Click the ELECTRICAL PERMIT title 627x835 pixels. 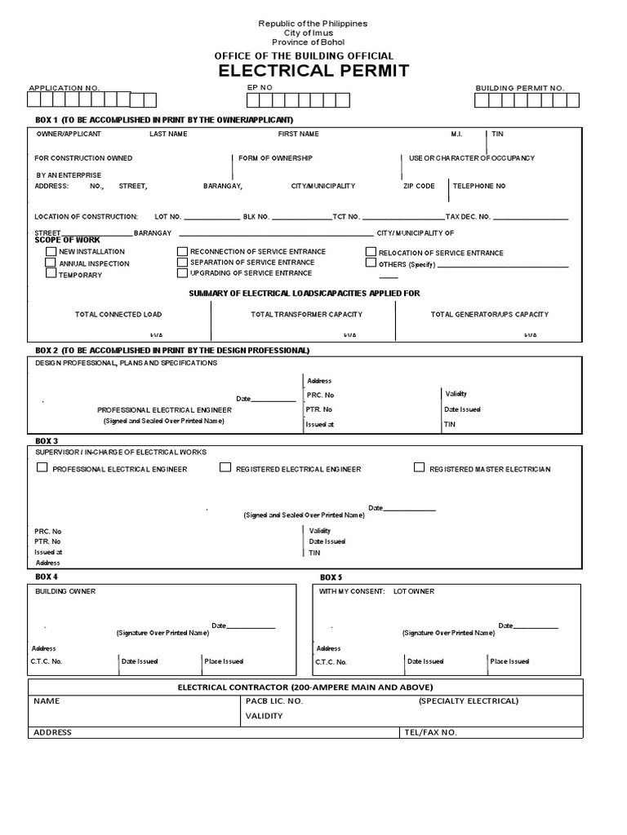click(x=313, y=71)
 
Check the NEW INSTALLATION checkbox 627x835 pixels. click(x=51, y=252)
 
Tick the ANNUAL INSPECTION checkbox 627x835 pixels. click(x=51, y=263)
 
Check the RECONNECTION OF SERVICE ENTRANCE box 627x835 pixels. click(x=183, y=252)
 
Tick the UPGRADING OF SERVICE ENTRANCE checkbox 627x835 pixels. click(x=183, y=273)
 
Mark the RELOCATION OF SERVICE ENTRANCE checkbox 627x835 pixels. click(x=371, y=253)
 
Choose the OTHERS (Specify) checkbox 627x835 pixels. click(x=371, y=264)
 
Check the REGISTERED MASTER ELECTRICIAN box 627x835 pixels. click(x=420, y=468)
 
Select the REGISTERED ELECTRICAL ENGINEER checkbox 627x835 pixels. click(x=225, y=468)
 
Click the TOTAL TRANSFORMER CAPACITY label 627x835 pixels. click(x=306, y=314)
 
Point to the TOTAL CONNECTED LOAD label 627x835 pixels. click(x=118, y=314)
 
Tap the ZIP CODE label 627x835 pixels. click(x=419, y=186)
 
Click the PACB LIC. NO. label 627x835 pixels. click(x=274, y=700)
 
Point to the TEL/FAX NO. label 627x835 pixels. click(x=430, y=732)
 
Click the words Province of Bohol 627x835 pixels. click(x=313, y=42)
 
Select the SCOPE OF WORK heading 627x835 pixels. click(x=67, y=241)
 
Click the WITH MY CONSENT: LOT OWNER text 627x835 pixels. click(x=376, y=591)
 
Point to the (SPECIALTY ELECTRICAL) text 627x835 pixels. click(x=469, y=700)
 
